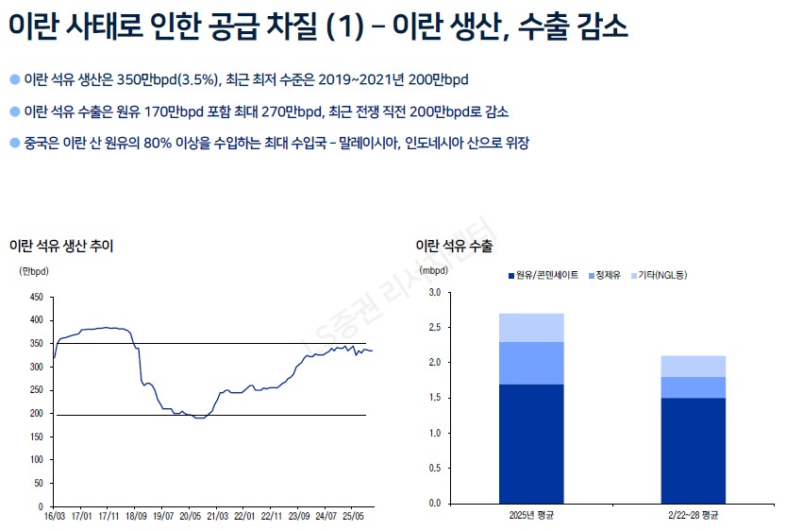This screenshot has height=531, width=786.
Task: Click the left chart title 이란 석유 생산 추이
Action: coord(61,246)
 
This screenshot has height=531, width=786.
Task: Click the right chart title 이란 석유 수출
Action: coord(454,246)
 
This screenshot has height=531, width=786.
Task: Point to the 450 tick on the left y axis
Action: coord(37,297)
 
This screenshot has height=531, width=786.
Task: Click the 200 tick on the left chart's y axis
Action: coord(37,414)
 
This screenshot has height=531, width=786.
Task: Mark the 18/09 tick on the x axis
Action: coord(136,517)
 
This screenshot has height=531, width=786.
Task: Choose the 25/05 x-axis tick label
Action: coord(352,517)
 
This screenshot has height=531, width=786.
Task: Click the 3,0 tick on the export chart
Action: coord(434,293)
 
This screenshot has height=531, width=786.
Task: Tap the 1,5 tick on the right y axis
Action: coord(434,398)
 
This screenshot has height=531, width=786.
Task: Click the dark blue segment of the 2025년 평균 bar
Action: coord(530,443)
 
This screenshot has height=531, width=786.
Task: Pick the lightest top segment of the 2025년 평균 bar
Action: coord(530,327)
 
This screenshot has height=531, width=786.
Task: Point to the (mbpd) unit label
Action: coord(435,269)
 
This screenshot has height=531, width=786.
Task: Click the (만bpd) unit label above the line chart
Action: coord(34,270)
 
